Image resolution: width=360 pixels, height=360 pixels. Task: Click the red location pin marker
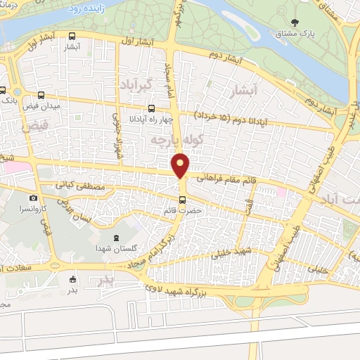(182, 165)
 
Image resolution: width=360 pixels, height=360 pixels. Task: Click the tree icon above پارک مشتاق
(305, 22)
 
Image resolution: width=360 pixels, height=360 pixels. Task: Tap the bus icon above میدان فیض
(41, 95)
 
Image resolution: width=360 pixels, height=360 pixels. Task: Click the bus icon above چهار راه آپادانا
(151, 108)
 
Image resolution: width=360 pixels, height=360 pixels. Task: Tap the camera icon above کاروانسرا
(33, 199)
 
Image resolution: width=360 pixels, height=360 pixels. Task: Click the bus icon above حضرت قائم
(183, 199)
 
